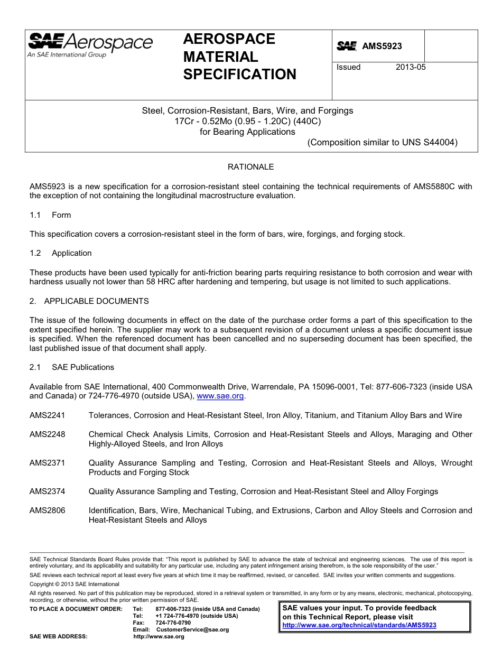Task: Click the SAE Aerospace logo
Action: pos(90,44)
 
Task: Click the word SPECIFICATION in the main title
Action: pos(239,75)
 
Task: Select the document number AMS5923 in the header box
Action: pos(382,47)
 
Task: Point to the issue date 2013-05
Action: pos(411,67)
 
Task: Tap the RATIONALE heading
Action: pos(250,167)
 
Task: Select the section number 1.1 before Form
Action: pos(35,215)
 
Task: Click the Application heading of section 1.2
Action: pos(71,253)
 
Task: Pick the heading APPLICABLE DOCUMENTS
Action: pos(96,301)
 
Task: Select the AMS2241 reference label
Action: pos(48,415)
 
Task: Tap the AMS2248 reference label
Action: pos(48,434)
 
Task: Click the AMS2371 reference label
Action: pos(48,463)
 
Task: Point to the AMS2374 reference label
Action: pos(48,491)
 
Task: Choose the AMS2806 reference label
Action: pos(48,510)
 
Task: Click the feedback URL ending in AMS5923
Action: pos(359,625)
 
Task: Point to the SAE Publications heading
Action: pos(82,367)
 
